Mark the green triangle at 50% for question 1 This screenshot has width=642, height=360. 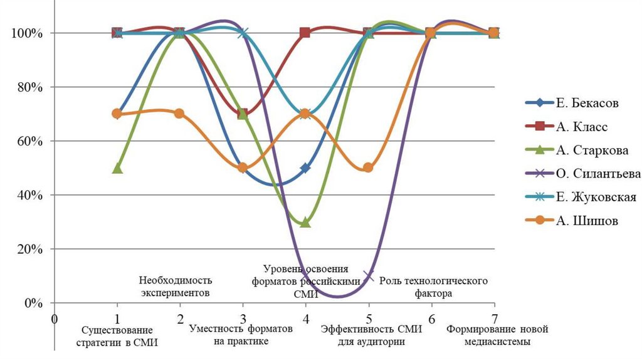point(117,168)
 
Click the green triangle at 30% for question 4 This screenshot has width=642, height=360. point(305,222)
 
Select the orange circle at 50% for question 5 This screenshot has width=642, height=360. point(368,167)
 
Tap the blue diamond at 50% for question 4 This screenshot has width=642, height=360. point(305,168)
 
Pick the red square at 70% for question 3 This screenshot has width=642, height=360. point(243,114)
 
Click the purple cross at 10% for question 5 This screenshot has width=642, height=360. point(368,276)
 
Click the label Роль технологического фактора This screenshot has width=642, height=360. point(433,287)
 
